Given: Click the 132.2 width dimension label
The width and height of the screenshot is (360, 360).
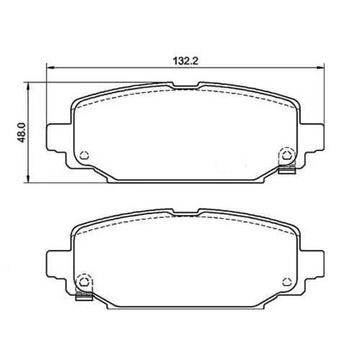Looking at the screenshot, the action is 186,61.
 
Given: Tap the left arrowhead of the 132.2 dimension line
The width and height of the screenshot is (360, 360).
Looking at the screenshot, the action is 50,68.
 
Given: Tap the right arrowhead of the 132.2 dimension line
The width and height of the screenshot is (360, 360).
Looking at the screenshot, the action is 320,68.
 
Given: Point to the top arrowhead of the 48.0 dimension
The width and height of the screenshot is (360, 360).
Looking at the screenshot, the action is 29,86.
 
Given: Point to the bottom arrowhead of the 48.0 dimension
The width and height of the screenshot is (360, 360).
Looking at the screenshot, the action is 29,179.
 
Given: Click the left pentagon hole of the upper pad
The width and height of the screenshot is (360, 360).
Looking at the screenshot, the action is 84,156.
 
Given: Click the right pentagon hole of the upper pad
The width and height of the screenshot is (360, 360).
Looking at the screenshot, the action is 286,156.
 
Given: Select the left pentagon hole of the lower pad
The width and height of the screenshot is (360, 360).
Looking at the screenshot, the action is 84,282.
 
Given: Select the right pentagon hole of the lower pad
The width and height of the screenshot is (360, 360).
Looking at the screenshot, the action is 286,282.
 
